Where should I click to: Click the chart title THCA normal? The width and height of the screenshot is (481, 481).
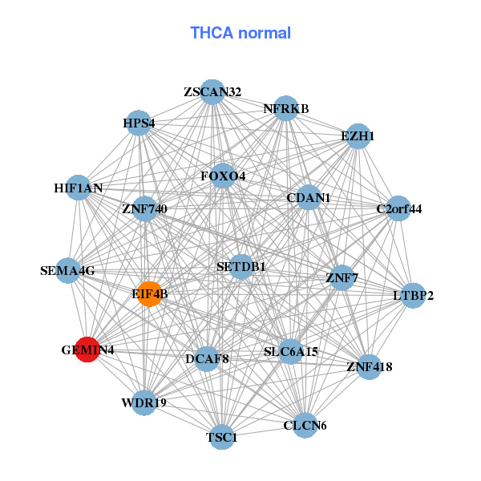pyautogui.click(x=240, y=33)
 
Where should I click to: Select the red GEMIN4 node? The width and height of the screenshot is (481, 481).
pyautogui.click(x=87, y=350)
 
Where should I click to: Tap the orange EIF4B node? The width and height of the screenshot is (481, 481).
pyautogui.click(x=150, y=294)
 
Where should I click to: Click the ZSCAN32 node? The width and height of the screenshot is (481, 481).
pyautogui.click(x=212, y=92)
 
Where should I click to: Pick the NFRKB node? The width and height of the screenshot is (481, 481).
pyautogui.click(x=286, y=108)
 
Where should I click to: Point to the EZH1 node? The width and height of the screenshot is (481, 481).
pyautogui.click(x=358, y=135)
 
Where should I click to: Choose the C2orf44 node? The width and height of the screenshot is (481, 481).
pyautogui.click(x=398, y=209)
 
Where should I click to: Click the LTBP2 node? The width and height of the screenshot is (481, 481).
pyautogui.click(x=413, y=296)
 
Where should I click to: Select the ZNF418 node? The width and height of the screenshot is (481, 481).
pyautogui.click(x=369, y=367)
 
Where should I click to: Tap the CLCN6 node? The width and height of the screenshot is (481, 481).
pyautogui.click(x=305, y=425)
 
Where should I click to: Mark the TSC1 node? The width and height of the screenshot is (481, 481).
pyautogui.click(x=222, y=437)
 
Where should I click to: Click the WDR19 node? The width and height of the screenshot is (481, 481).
pyautogui.click(x=144, y=402)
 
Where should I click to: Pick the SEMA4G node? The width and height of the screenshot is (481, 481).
pyautogui.click(x=68, y=271)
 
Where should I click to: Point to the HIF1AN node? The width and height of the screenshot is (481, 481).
pyautogui.click(x=79, y=188)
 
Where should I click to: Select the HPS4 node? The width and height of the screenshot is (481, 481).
pyautogui.click(x=139, y=123)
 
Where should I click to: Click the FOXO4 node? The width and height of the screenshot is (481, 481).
pyautogui.click(x=223, y=176)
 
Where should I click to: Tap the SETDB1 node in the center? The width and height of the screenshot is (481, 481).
pyautogui.click(x=241, y=266)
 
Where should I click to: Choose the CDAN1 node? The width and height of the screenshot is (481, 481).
pyautogui.click(x=309, y=197)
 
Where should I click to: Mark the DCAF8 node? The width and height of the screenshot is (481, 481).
pyautogui.click(x=207, y=358)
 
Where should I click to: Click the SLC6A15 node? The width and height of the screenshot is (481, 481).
pyautogui.click(x=291, y=351)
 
